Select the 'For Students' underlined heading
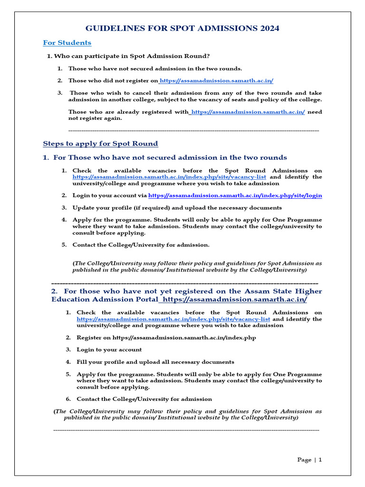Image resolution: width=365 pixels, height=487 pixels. tap(67, 43)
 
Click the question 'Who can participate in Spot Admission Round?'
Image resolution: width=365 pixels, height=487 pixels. tap(132, 57)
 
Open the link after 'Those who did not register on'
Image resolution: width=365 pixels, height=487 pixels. tap(217, 81)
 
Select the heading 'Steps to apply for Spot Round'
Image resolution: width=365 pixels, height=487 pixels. tap(100, 144)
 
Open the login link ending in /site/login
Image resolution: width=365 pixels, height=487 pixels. tap(235, 195)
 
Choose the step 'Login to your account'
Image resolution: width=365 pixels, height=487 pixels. tap(109, 350)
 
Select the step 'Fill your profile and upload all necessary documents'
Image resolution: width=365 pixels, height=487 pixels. tap(155, 362)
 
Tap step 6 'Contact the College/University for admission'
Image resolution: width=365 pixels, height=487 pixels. tap(144, 399)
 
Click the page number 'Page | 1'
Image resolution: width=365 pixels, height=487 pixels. tap(309, 460)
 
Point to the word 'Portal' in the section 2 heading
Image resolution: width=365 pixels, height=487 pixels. tap(144, 300)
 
